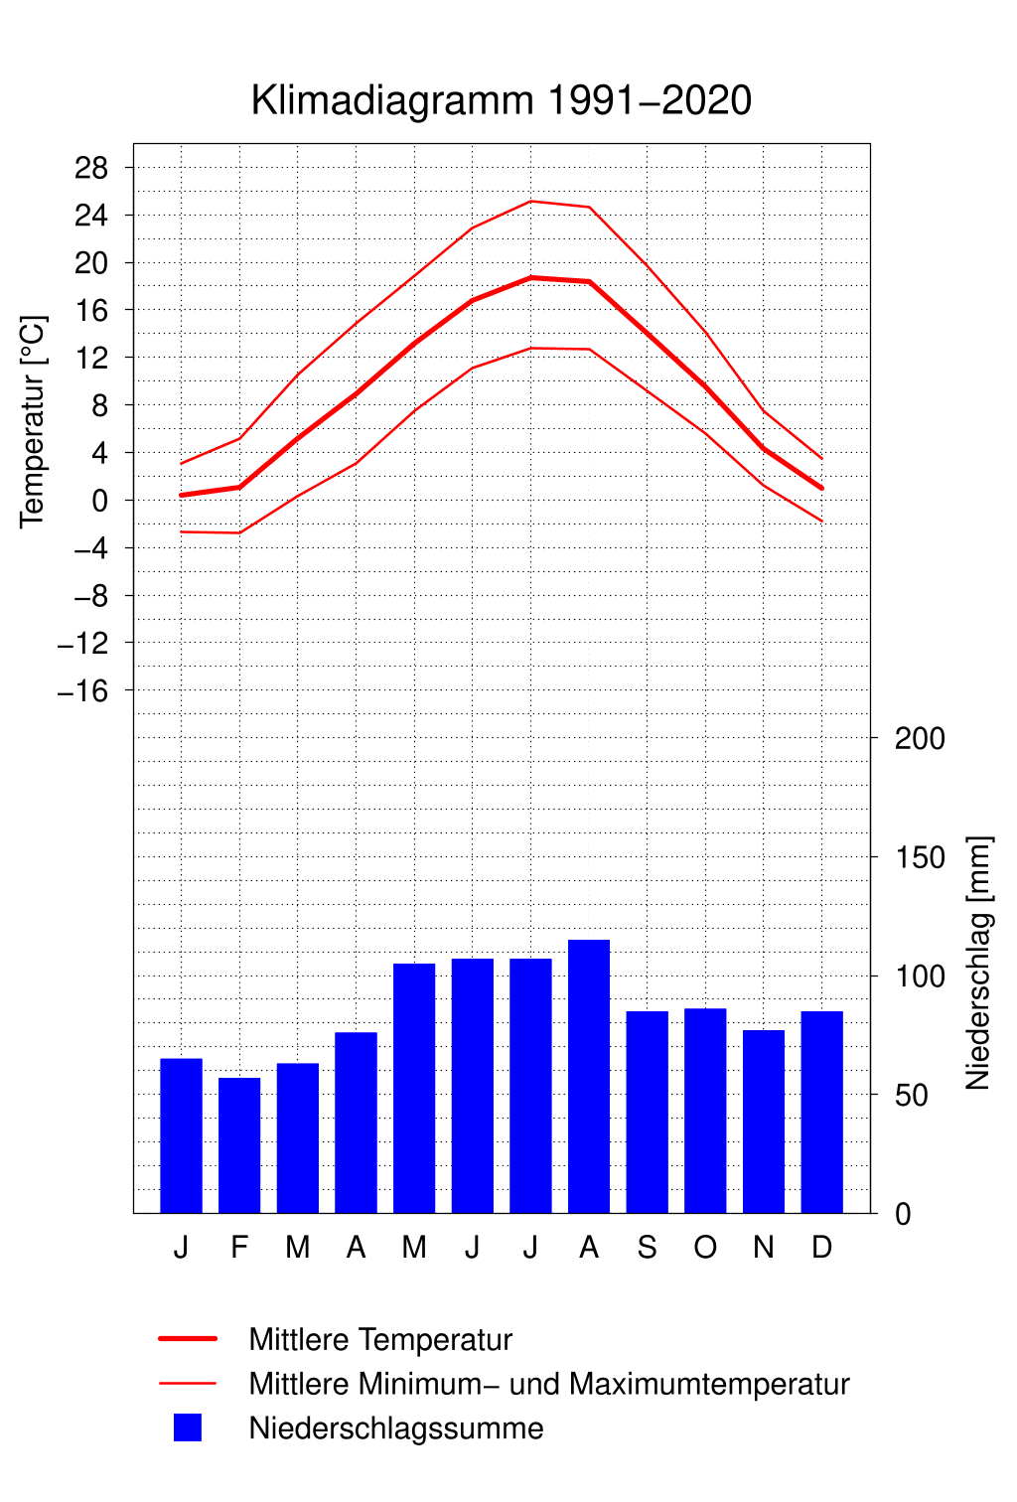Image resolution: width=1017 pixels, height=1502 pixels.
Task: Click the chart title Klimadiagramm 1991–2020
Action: click(x=502, y=100)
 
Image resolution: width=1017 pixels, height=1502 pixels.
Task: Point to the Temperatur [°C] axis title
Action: click(x=33, y=422)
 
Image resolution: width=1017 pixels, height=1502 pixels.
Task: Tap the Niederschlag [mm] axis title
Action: click(x=978, y=963)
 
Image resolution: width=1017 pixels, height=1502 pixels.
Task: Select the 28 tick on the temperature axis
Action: click(x=91, y=168)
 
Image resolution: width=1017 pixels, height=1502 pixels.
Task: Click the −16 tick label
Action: click(x=83, y=690)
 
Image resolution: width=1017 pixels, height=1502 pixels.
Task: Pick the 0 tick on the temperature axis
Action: click(x=99, y=501)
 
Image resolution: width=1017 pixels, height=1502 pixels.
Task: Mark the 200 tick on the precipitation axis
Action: click(x=920, y=738)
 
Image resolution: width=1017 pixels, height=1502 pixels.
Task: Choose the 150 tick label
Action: click(x=920, y=857)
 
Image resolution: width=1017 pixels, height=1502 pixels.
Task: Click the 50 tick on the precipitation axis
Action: click(x=911, y=1095)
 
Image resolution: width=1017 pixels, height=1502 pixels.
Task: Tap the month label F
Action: click(x=239, y=1247)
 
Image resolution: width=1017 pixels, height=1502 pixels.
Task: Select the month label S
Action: click(x=647, y=1247)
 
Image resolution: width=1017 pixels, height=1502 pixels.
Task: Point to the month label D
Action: click(x=821, y=1247)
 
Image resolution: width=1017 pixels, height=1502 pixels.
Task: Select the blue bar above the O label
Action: click(x=705, y=1111)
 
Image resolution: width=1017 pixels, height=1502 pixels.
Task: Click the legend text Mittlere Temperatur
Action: click(x=380, y=1339)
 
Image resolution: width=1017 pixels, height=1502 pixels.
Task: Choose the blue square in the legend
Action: click(x=188, y=1427)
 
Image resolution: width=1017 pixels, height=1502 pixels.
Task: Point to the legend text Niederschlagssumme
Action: click(x=396, y=1428)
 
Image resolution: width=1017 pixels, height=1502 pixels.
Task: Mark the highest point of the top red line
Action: click(x=531, y=201)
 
